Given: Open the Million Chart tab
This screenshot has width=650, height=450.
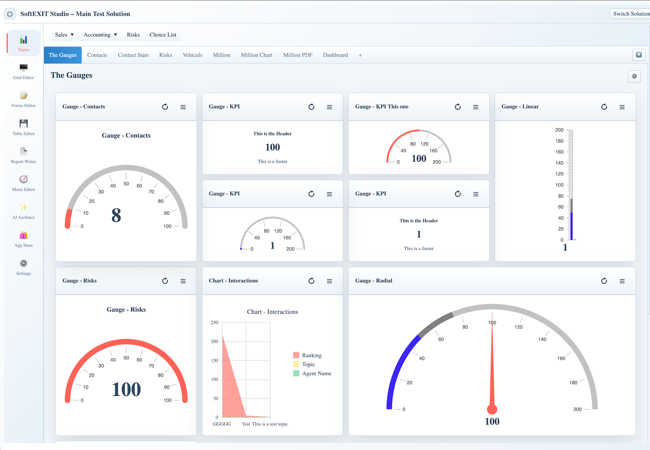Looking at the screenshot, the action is point(257,55).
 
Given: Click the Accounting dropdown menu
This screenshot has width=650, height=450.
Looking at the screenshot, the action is point(100,35).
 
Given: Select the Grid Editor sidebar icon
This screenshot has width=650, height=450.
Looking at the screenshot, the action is point(23,68).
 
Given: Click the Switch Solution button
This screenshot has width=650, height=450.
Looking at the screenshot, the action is point(630,14).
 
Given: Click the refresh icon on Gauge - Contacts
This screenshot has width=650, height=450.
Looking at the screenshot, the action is point(165,107).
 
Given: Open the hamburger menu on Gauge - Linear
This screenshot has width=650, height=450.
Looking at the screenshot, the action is point(622,107).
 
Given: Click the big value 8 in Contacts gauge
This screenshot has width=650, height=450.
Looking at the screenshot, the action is point(116,216).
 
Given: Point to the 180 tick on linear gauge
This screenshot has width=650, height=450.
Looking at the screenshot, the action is point(559,141).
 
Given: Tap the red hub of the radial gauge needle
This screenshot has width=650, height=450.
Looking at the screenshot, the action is point(492,409).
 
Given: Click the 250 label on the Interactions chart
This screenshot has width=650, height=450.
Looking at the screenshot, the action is point(215,322).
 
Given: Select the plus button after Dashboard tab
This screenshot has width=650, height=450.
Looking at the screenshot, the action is point(360,55).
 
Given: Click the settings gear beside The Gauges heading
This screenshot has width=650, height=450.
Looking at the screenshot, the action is point(634,76).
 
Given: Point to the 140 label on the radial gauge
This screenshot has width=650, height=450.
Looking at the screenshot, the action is point(542,339).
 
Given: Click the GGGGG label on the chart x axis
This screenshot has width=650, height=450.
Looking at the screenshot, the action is point(222,424).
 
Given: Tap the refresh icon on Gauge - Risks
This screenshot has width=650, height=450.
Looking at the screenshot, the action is point(165,281).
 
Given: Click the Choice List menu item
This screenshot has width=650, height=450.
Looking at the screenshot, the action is point(163,35).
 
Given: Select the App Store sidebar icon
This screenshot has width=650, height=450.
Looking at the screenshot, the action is point(23,235).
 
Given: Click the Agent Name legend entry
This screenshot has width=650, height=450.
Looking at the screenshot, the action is point(312,373).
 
